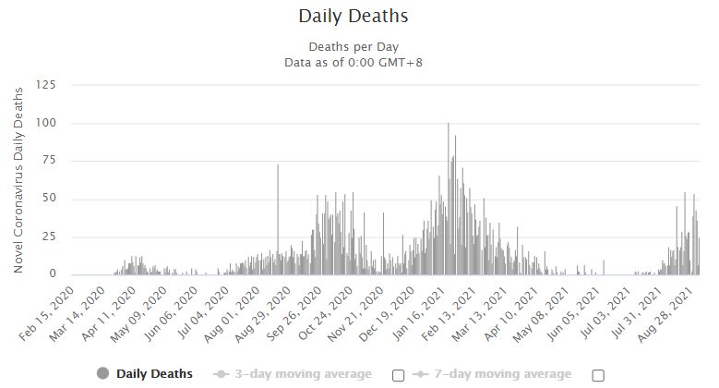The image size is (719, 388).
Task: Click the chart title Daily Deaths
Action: click(x=354, y=16)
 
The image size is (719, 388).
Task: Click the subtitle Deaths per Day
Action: click(x=354, y=47)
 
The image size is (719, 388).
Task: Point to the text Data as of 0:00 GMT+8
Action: click(x=354, y=63)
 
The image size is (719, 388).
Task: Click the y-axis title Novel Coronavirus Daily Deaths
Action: click(x=18, y=180)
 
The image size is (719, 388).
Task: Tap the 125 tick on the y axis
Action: click(x=46, y=84)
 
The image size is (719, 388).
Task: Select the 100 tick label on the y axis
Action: click(x=46, y=123)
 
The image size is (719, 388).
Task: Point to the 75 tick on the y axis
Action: click(x=49, y=160)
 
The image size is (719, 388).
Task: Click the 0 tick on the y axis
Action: click(x=53, y=273)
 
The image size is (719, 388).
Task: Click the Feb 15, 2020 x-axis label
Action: click(x=46, y=313)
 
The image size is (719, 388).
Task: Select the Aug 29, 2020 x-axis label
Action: click(x=262, y=314)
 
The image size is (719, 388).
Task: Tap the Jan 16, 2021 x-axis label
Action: click(x=419, y=314)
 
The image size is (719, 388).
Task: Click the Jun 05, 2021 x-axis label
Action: click(x=572, y=314)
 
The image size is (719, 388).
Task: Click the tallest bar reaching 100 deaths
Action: click(x=448, y=199)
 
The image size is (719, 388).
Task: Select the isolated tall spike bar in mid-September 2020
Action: click(x=278, y=220)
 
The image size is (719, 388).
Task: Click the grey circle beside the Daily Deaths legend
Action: click(x=102, y=374)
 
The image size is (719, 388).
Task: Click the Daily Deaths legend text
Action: click(x=154, y=374)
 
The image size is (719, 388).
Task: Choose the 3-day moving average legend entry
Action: click(x=293, y=374)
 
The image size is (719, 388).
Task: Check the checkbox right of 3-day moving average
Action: click(x=399, y=376)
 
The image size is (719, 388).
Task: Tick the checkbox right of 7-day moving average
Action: click(x=598, y=376)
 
